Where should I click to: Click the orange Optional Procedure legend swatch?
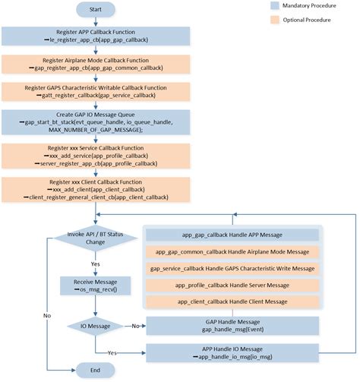tap(277, 23)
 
